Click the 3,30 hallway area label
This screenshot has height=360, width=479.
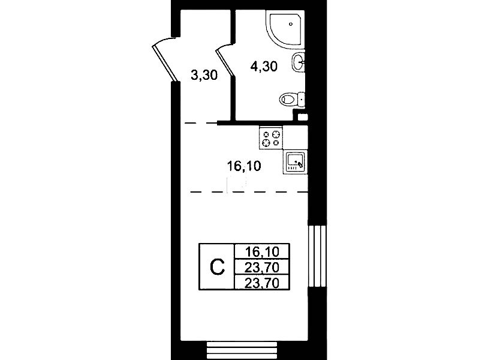tap(204, 75)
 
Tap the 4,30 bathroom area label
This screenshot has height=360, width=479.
tap(264, 66)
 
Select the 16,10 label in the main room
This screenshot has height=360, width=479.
tap(244, 166)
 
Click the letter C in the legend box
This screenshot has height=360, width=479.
tap(217, 267)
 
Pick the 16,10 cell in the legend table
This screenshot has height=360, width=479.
tap(262, 252)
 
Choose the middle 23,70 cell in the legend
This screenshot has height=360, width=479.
tap(262, 268)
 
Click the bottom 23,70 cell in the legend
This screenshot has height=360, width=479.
tap(262, 283)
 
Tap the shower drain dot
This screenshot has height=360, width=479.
tap(291, 23)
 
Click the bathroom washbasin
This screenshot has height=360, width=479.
tap(299, 62)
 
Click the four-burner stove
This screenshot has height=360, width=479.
tap(271, 138)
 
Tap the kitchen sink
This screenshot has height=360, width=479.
tap(295, 162)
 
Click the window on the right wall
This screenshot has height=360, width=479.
tap(317, 256)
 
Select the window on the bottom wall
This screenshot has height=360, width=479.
tap(242, 350)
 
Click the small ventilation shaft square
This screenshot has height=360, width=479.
tap(303, 116)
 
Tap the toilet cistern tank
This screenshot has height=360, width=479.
tap(301, 99)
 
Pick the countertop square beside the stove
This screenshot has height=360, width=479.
tap(295, 137)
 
